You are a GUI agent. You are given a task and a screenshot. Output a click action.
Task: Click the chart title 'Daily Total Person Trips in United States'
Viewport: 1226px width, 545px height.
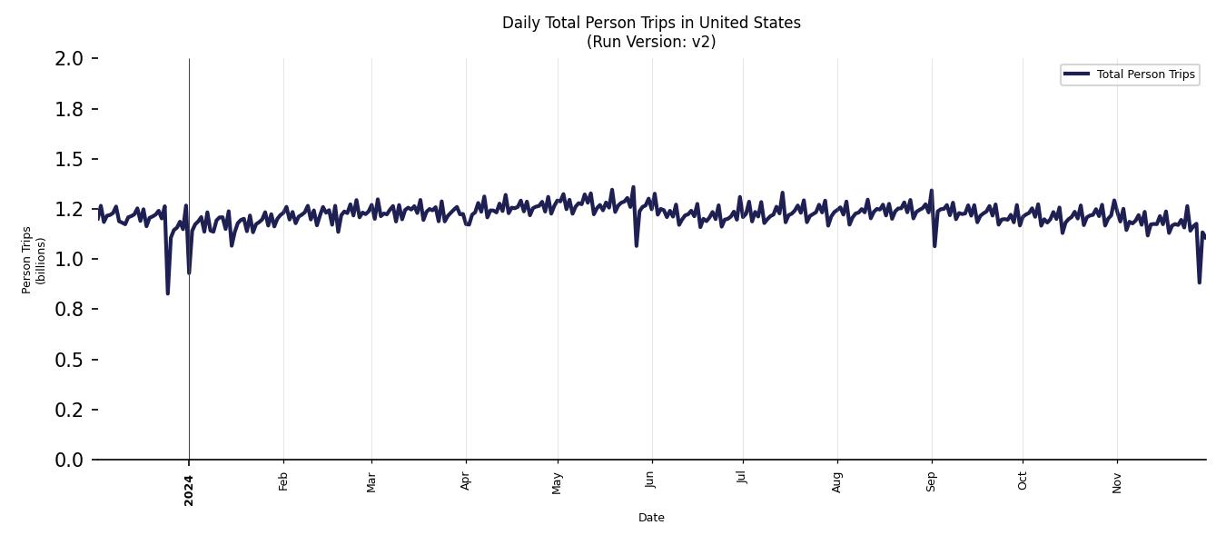[x=651, y=23]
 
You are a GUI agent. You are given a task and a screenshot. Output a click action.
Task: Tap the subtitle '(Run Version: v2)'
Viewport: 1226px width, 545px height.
[x=651, y=42]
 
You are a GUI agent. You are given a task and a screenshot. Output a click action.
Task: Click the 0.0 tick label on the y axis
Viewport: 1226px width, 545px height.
[x=70, y=461]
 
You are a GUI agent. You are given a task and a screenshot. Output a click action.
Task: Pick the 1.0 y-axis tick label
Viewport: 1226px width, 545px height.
[x=70, y=260]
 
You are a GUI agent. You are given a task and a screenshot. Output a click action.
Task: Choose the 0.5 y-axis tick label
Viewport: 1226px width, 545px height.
[x=70, y=361]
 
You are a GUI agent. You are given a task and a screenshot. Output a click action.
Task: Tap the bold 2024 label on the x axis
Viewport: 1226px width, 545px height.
[x=189, y=490]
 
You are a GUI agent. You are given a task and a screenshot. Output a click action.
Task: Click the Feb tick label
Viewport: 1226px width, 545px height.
[x=283, y=481]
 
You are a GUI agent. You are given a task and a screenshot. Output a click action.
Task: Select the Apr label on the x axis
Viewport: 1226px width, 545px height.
[x=466, y=481]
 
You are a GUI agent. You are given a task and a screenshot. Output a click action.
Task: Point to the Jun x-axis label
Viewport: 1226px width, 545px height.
[x=650, y=481]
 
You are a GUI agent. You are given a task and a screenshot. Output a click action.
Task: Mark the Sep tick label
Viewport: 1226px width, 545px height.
[x=932, y=481]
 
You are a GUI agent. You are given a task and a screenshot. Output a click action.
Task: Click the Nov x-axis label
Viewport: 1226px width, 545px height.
[x=1117, y=482]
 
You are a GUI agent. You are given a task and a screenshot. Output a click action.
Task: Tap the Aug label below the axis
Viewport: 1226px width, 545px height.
[x=837, y=481]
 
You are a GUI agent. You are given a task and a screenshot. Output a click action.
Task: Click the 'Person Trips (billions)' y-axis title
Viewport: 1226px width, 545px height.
[x=34, y=260]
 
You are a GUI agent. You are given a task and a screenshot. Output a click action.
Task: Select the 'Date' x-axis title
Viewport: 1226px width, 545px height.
[x=651, y=518]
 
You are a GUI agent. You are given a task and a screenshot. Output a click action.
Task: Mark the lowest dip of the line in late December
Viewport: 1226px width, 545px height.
[x=167, y=292]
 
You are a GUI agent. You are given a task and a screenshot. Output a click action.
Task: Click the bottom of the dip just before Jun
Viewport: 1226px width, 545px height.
[x=636, y=245]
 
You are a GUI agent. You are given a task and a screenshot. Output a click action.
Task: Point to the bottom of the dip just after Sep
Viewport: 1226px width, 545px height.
[x=934, y=245]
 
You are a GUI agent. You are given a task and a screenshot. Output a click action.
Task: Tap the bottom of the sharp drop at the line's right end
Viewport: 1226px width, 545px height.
[x=1199, y=282]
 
